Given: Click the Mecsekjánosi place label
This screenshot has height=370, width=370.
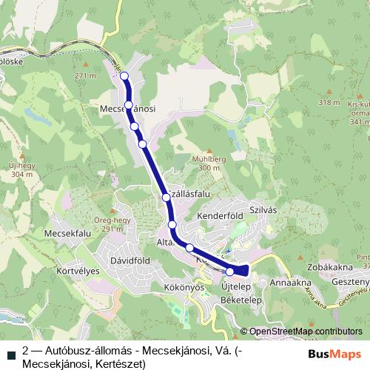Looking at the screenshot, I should click(x=127, y=108).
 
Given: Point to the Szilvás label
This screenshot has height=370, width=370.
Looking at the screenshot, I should click(x=262, y=210).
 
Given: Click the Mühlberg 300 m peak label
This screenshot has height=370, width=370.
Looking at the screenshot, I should click(x=205, y=164).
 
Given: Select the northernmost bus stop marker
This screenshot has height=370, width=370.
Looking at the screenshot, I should click(x=124, y=75).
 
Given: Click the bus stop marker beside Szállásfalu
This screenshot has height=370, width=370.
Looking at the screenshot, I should click(x=167, y=197).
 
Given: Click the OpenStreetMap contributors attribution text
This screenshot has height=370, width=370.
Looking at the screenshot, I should click(x=305, y=332).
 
